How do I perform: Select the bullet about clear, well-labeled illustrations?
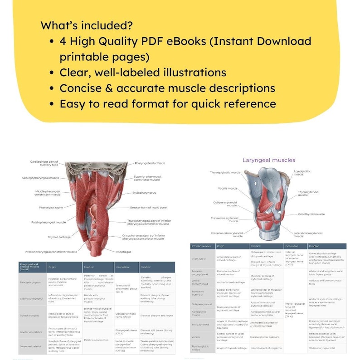point(143,73)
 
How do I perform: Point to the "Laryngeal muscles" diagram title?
point(268,160)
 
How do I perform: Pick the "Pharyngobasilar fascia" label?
point(150,163)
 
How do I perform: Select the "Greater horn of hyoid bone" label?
point(148,207)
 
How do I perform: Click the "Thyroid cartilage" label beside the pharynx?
point(59,237)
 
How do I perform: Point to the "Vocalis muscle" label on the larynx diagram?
point(227,188)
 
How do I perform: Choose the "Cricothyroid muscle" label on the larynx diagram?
point(311,214)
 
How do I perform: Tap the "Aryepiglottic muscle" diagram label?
point(302,173)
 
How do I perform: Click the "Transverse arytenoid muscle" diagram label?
point(224,219)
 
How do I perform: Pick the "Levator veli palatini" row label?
point(31,332)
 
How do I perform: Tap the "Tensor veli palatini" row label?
point(30,345)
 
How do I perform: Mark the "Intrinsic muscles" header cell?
point(201,246)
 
